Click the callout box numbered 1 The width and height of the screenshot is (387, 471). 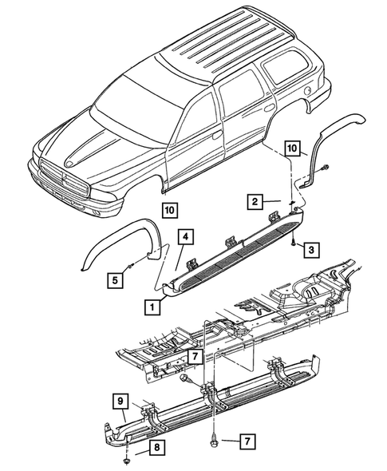150,305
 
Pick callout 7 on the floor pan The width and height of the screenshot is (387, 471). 194,355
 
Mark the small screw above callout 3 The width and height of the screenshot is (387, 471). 294,239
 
